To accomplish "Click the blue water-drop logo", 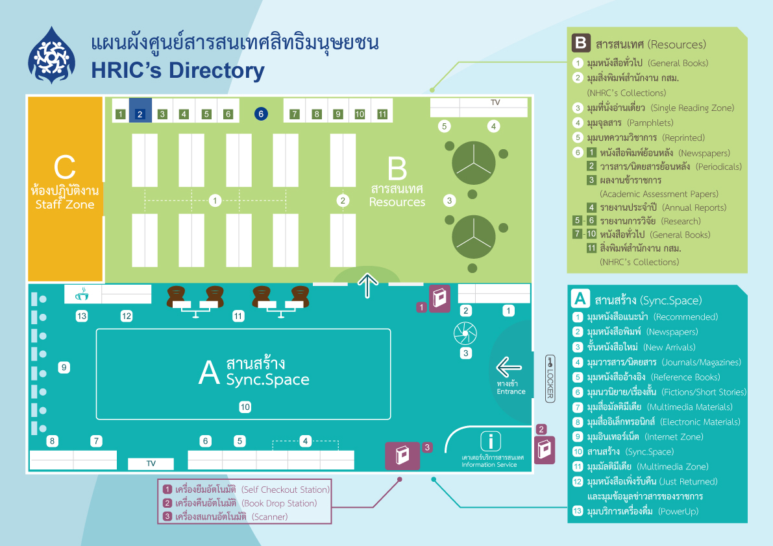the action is [x=51, y=55].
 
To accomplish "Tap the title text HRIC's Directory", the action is [x=177, y=71].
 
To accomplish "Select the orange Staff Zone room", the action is [x=65, y=189].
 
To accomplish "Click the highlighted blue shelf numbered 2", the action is [x=140, y=110].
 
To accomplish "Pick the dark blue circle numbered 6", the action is [x=261, y=113].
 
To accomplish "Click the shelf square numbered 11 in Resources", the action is [x=382, y=114].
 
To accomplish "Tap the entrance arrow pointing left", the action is [x=509, y=367].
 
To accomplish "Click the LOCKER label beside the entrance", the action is [x=550, y=379].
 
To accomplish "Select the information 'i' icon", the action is [x=491, y=441].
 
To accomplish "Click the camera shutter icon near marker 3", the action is [x=465, y=334].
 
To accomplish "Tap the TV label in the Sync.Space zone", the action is [x=151, y=463].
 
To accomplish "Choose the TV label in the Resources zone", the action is [x=495, y=102].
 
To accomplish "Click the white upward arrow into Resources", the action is [x=368, y=285].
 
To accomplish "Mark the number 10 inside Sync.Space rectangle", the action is [x=245, y=407].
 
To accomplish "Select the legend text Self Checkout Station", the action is [x=286, y=490].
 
